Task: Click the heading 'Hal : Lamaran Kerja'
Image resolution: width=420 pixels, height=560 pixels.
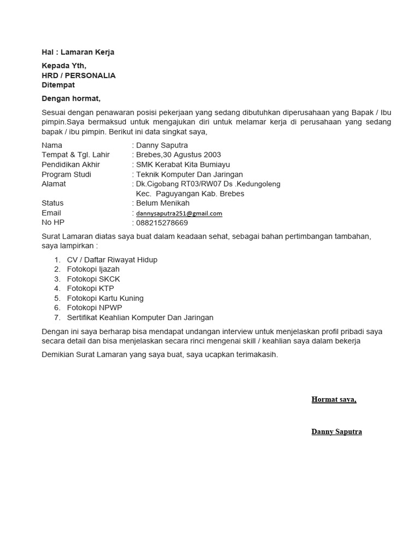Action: coord(78,52)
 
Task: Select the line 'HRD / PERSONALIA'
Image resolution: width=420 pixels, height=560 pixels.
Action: coord(79,75)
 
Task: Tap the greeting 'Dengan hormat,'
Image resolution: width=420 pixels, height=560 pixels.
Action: coord(71,98)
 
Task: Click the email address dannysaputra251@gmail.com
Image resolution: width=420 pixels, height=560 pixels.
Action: coord(179,213)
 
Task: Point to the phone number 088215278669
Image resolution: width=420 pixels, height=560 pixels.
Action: coord(162,223)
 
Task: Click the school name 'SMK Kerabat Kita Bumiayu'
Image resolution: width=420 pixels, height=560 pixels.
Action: coord(183,165)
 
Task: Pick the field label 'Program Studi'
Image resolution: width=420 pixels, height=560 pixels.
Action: coord(66,174)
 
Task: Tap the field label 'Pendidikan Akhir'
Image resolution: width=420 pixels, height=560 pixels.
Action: coord(71,165)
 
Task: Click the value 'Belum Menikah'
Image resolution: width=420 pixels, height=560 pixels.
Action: coord(162,203)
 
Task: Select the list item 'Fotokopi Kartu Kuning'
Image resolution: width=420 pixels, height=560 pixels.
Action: coord(105,298)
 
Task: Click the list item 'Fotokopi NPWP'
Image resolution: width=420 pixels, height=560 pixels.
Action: coord(95,308)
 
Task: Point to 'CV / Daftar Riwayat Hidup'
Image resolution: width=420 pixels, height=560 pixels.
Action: coord(112,260)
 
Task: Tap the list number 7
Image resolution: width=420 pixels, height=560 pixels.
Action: coord(57,317)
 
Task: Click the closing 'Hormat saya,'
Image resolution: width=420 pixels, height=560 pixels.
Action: coord(334,399)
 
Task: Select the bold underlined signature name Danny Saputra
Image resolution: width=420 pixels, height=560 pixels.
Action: coord(336,431)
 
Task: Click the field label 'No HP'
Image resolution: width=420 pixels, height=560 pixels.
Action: coord(53,223)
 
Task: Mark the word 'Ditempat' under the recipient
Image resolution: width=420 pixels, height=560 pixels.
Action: coord(59,85)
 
